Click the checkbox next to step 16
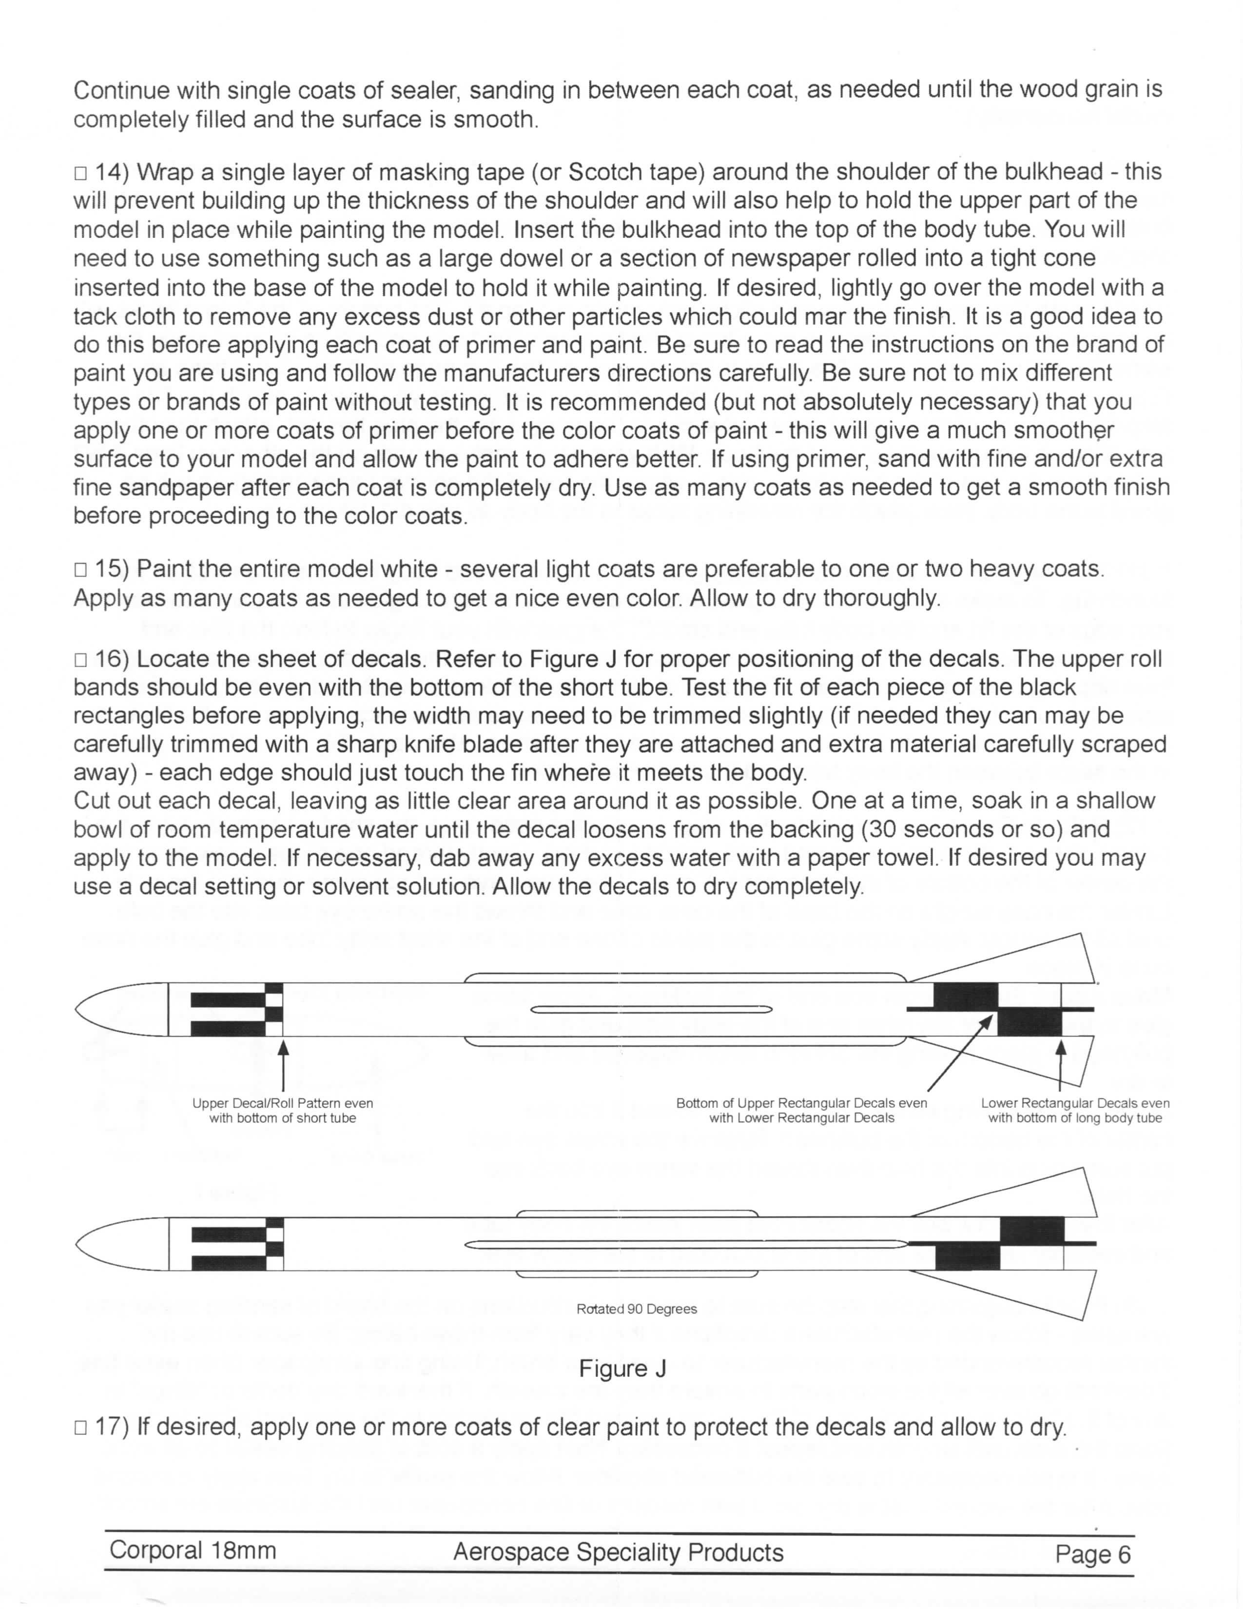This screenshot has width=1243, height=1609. [80, 660]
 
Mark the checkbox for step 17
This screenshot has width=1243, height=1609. [80, 1428]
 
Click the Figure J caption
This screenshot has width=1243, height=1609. [622, 1369]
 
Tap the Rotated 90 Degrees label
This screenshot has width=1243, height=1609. [636, 1309]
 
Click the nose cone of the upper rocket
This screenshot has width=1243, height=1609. [121, 1009]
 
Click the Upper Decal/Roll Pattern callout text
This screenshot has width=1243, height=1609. [283, 1110]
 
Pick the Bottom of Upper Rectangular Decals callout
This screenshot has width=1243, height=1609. [801, 1110]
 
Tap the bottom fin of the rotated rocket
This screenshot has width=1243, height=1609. [1031, 1289]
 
